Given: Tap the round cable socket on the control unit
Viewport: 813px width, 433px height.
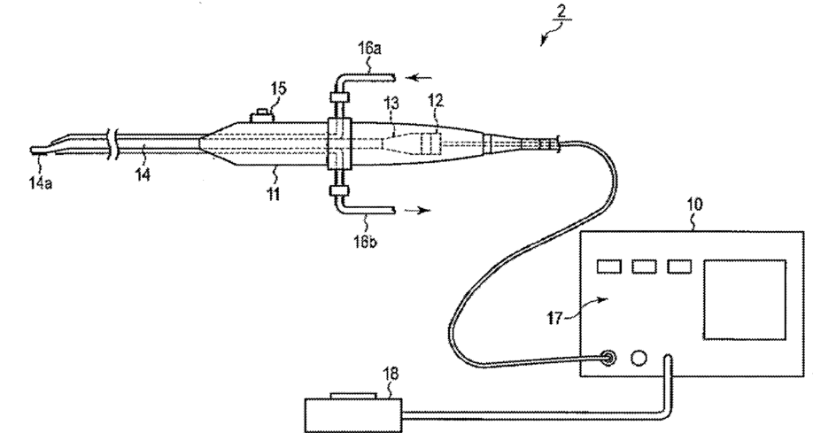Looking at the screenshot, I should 607,360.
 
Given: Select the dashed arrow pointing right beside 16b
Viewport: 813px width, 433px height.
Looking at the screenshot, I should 414,212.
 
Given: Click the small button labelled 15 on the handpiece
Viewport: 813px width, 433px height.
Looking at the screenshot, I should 260,113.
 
